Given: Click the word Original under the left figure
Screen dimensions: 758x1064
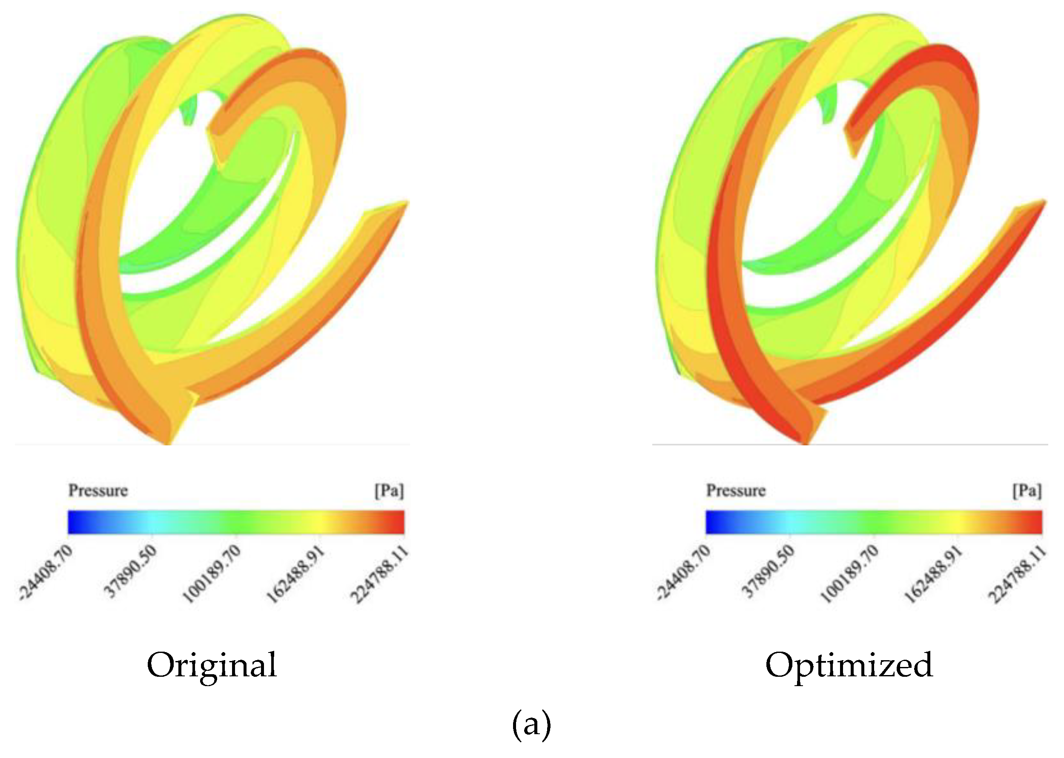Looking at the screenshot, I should (212, 665).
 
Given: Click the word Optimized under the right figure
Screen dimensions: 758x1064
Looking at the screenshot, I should (849, 665).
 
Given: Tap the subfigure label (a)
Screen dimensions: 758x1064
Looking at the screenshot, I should (531, 724).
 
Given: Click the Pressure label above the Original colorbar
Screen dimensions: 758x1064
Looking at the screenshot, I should (98, 490).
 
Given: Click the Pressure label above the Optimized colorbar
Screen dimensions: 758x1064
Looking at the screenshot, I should (736, 490).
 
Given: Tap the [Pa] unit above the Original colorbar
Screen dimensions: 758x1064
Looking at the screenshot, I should (389, 490).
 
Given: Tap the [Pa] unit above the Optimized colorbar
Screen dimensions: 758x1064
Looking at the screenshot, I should (1027, 490).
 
